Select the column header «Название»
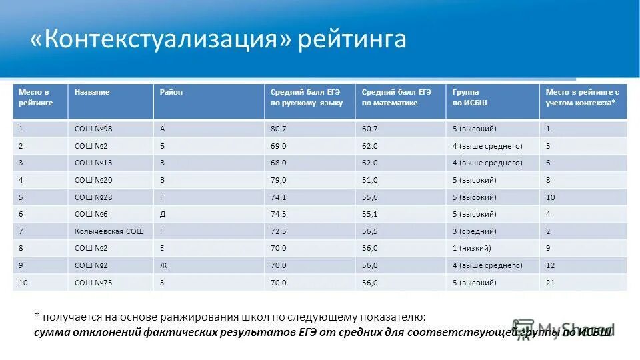pos(92,92)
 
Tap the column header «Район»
pos(171,92)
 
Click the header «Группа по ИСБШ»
pos(470,97)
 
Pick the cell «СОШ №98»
pos(91,129)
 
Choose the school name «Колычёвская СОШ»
pos(109,231)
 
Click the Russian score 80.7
pos(278,129)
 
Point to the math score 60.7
pos(370,129)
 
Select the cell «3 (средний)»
pos(474,231)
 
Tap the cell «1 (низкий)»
pos(472,248)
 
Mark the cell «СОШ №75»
pos(91,283)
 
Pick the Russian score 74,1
pos(278,197)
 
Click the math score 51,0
pos(370,180)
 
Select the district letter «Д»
pos(163,214)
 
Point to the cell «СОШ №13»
pos(91,163)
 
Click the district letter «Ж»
pos(163,265)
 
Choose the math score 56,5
pos(370,231)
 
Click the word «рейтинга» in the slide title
pos(352,39)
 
